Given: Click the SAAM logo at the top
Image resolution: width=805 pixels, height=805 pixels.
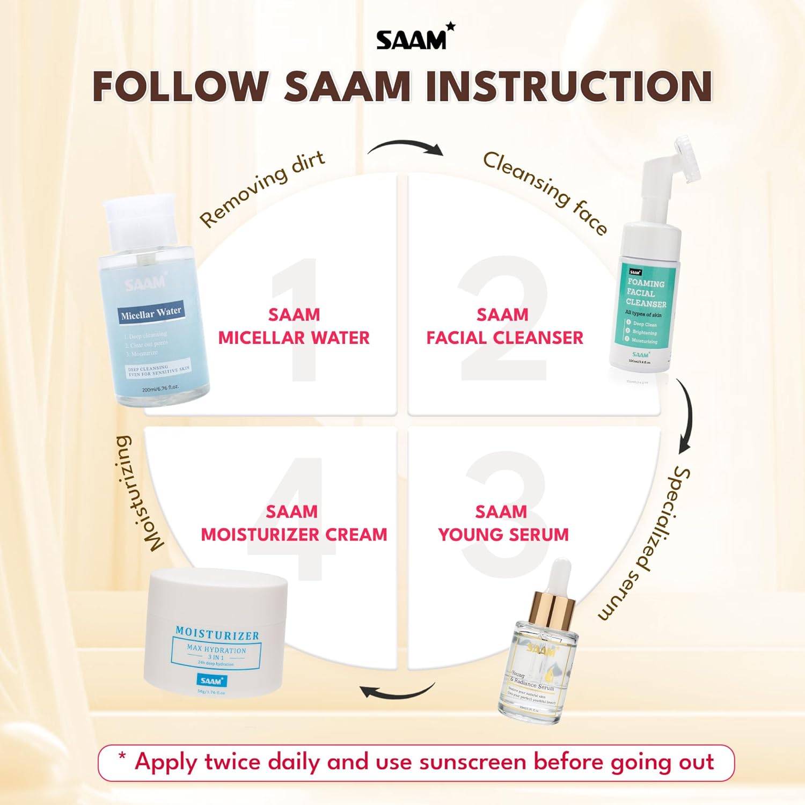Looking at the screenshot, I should pos(414,38).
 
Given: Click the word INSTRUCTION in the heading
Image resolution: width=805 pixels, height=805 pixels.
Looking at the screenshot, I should pos(569,86).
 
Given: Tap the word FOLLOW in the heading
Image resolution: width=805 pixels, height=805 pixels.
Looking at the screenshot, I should pos(180,86).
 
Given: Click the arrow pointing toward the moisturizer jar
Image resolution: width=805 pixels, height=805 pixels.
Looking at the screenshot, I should pos(397,691).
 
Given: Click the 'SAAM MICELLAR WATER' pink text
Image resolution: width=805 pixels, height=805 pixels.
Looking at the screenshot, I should pos(294,326).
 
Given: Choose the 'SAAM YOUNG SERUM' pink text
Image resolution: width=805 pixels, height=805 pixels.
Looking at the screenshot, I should pos(502,523).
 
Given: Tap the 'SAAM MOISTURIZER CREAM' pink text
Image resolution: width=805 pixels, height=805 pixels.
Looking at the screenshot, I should pos(294,523).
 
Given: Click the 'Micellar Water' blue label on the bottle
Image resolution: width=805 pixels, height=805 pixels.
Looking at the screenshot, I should pos(151,313).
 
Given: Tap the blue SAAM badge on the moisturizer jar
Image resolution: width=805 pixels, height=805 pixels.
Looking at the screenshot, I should pos(211,680).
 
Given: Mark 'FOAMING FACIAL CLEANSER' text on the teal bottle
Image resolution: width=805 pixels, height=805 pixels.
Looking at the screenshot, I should pos(646,293).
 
